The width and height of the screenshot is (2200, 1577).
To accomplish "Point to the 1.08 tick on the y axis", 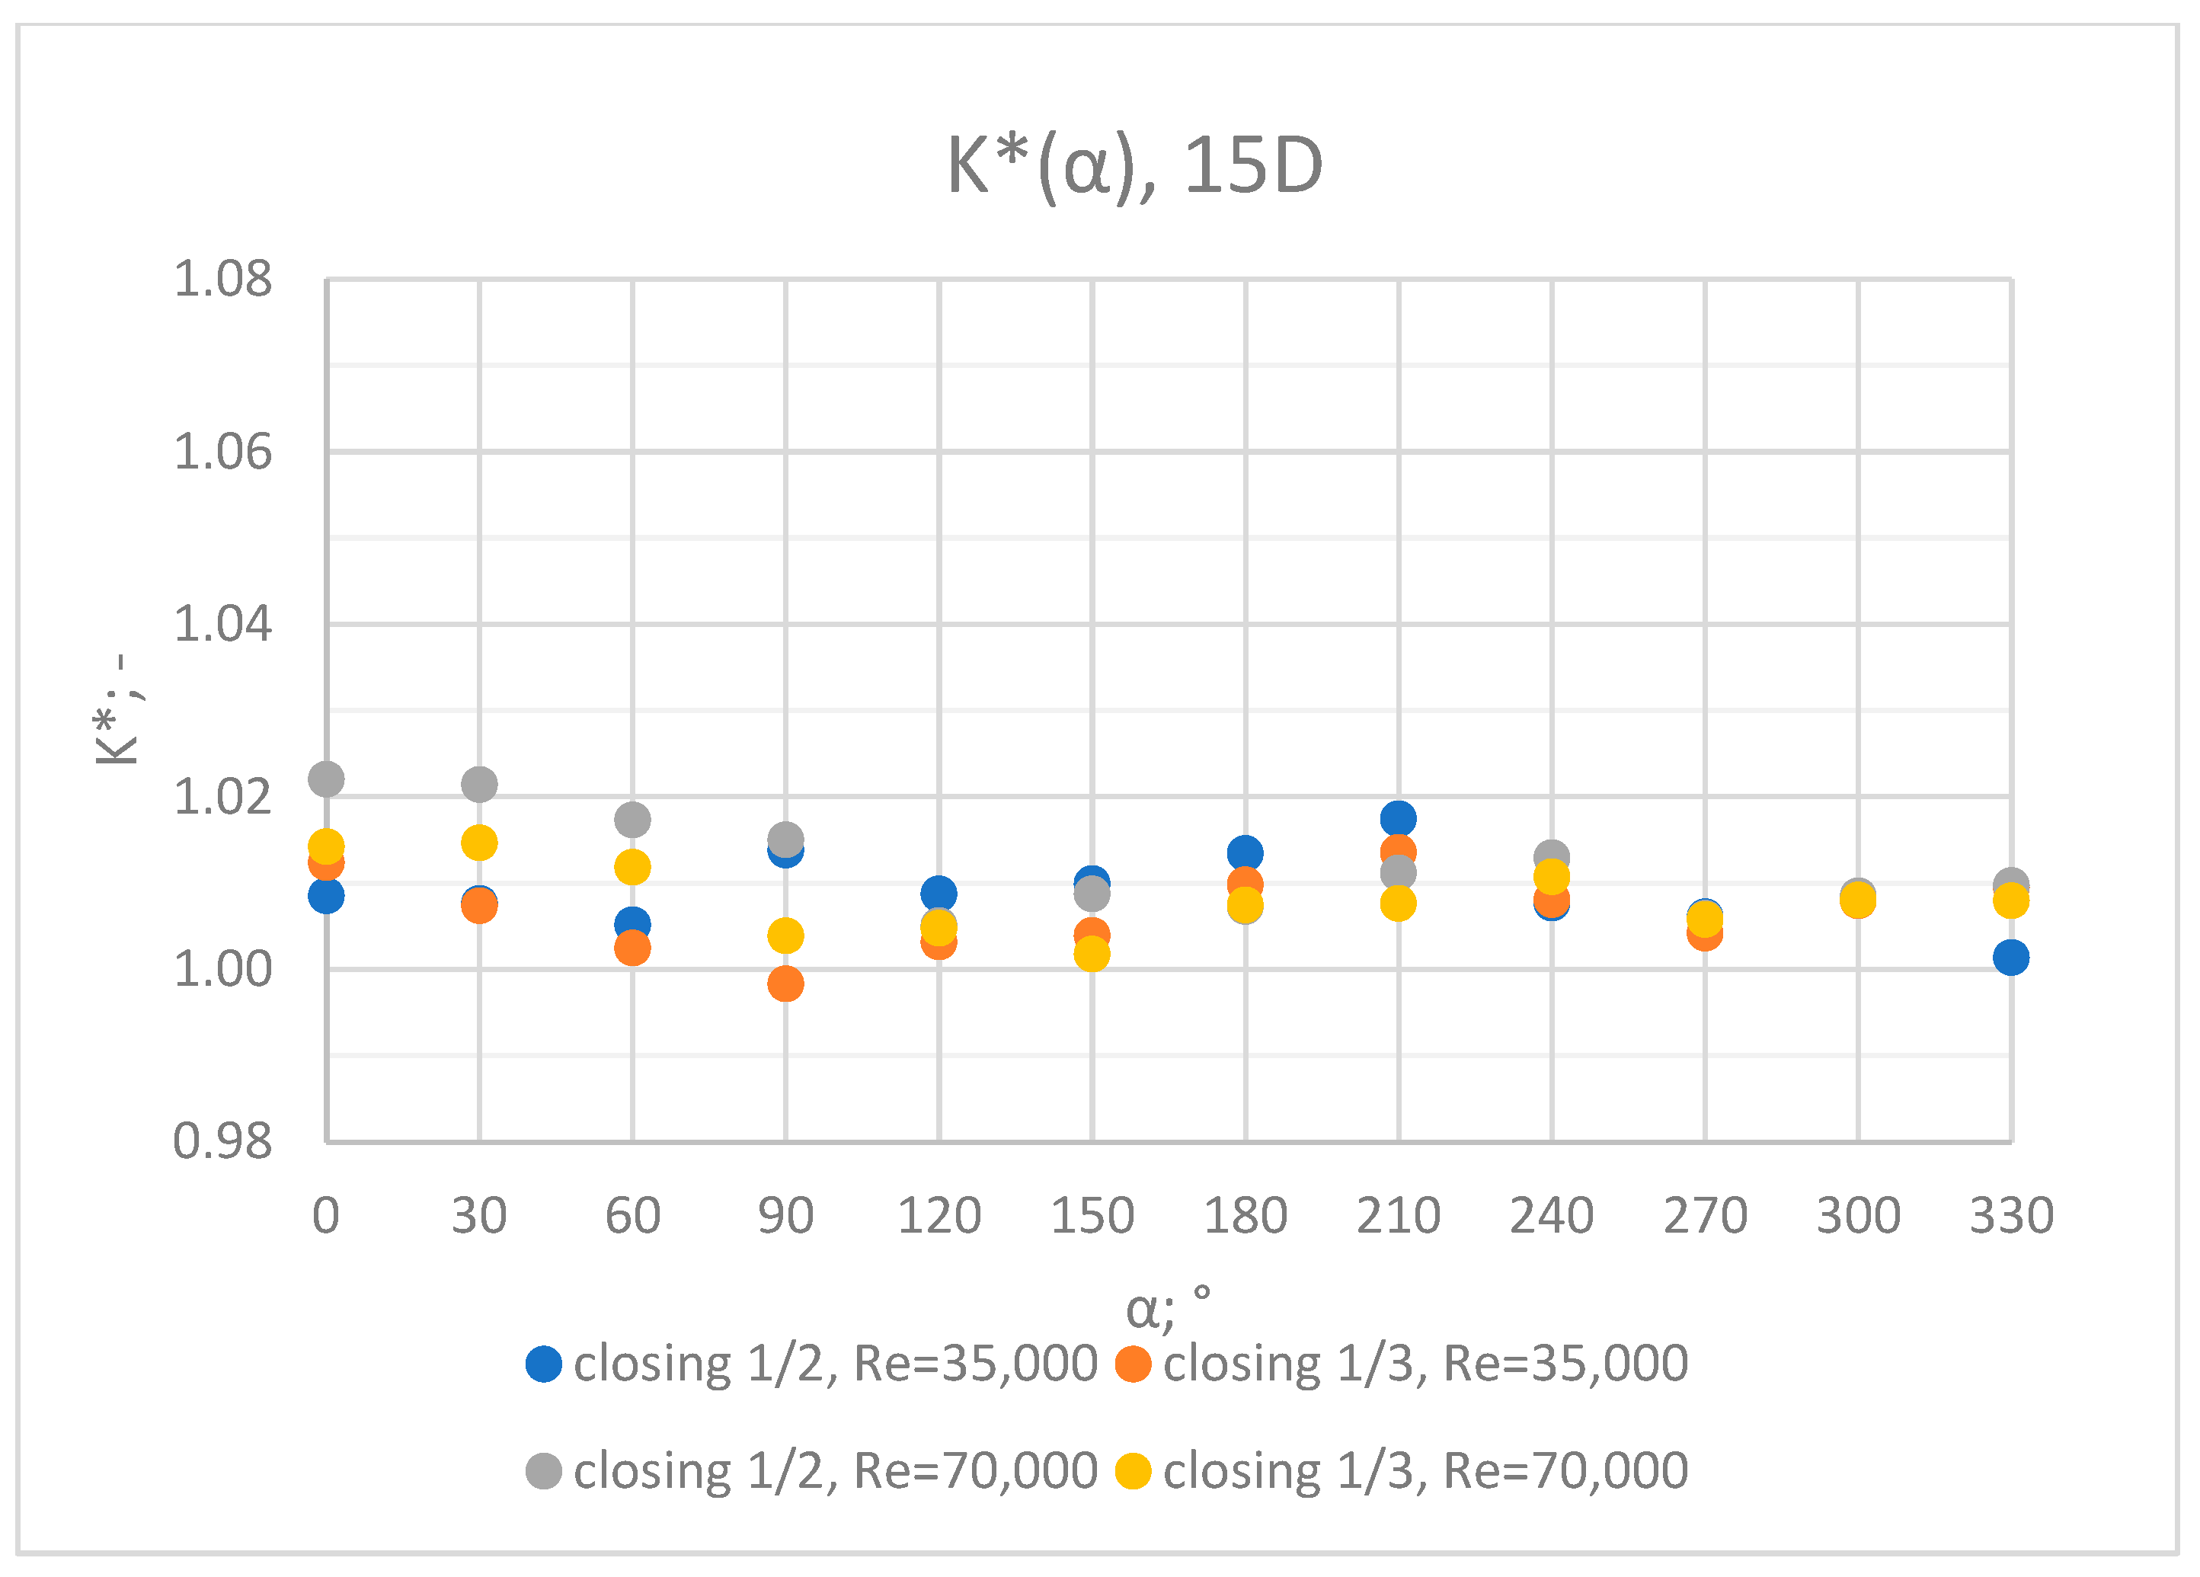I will click(222, 280).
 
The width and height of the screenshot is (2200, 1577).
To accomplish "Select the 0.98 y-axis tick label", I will click(222, 1141).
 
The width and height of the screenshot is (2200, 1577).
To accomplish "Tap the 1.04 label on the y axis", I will click(222, 624).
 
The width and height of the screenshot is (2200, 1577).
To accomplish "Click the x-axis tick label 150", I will click(1092, 1216).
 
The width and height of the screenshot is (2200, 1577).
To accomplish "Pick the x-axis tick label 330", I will click(2011, 1216).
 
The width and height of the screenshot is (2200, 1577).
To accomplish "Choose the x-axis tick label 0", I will click(326, 1216).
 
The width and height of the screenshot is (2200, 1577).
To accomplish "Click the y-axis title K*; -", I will click(117, 709).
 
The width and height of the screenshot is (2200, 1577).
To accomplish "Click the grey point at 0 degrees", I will click(326, 779).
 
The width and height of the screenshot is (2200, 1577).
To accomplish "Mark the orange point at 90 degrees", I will click(785, 984).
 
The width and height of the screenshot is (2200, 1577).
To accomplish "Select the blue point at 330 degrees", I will click(2011, 958).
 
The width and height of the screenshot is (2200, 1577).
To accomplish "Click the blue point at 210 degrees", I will click(1398, 818).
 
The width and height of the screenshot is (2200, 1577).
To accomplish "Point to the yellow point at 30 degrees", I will click(479, 843).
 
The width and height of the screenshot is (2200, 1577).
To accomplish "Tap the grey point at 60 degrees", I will click(632, 820).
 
